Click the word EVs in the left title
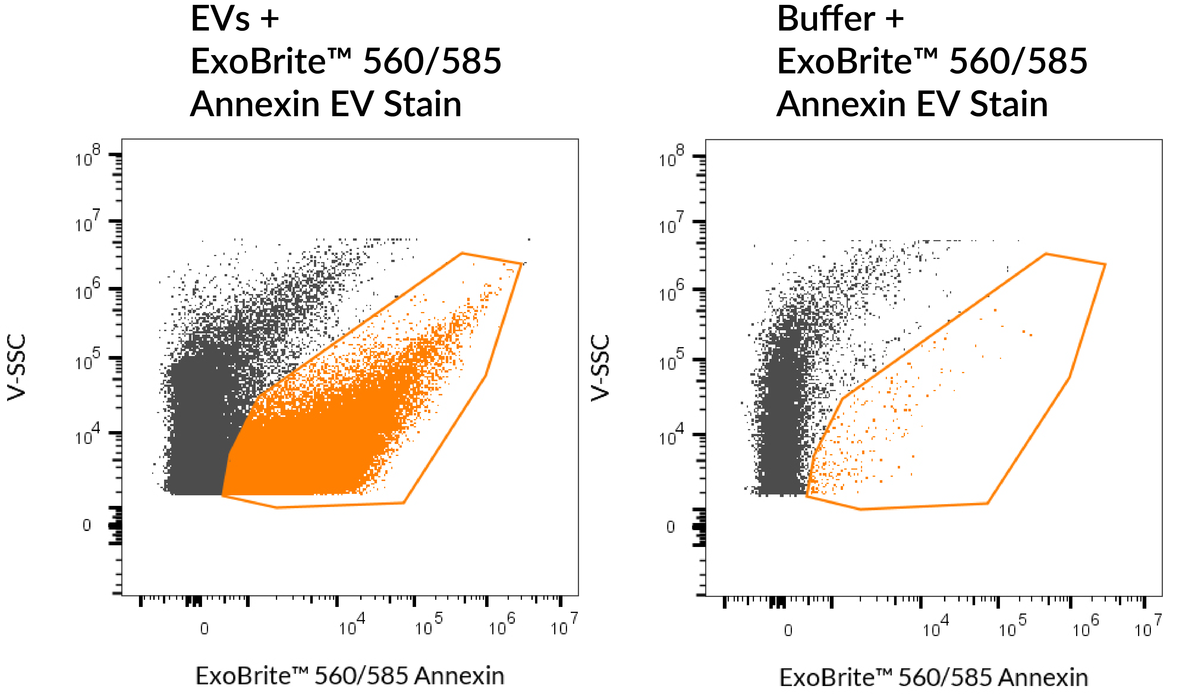pyautogui.click(x=220, y=20)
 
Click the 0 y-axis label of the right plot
pyautogui.click(x=670, y=527)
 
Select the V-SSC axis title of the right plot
pyautogui.click(x=600, y=368)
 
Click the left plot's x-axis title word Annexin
pyautogui.click(x=459, y=676)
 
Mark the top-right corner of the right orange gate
pyautogui.click(x=1105, y=264)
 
